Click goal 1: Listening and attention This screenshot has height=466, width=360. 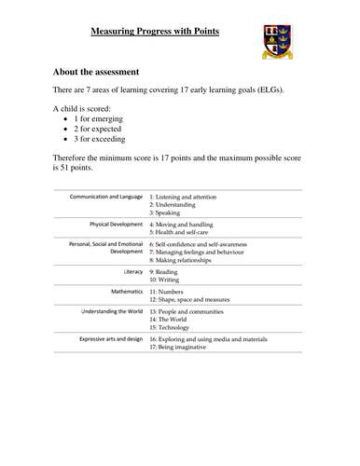[x=193, y=199]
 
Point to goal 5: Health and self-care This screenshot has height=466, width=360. [x=188, y=232]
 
